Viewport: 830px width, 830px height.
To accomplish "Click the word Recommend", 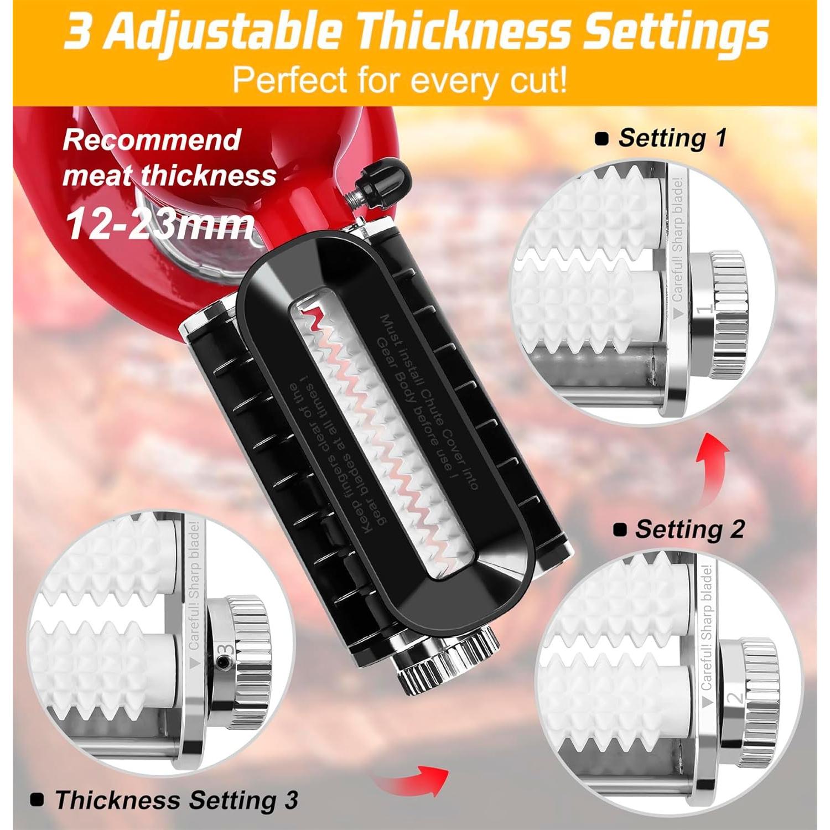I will [x=152, y=139].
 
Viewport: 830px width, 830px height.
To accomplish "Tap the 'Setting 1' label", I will [x=672, y=138].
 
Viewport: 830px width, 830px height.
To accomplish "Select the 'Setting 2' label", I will [x=689, y=529].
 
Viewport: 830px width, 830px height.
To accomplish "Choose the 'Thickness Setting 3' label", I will [x=176, y=800].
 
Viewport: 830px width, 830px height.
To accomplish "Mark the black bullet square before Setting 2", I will [x=620, y=530].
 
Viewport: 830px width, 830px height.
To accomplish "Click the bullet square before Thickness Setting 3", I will [x=38, y=800].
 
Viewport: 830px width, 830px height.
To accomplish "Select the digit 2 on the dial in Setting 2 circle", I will [x=736, y=698].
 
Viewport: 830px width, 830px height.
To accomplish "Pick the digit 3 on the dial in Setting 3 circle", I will [x=225, y=649].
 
